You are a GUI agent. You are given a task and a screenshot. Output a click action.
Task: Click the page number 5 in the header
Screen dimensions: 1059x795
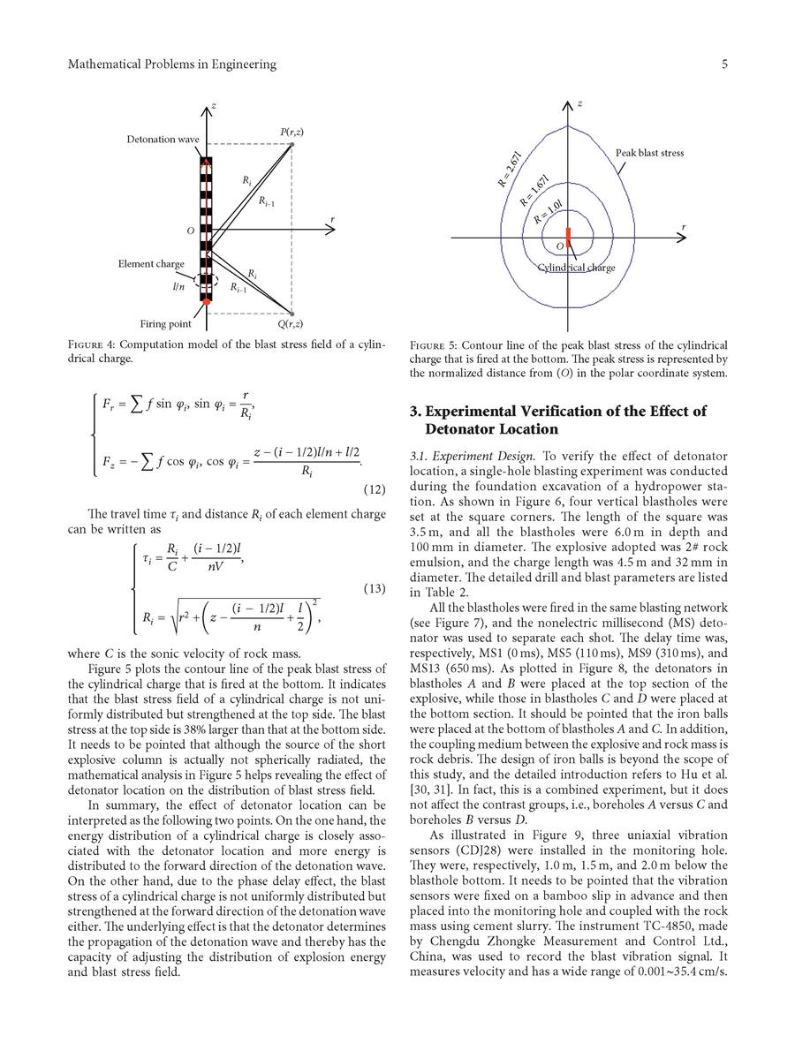click(x=723, y=64)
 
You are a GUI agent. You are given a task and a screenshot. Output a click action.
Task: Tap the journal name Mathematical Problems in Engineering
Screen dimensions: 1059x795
click(x=172, y=64)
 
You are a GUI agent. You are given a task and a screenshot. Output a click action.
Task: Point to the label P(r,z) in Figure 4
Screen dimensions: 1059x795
click(x=291, y=132)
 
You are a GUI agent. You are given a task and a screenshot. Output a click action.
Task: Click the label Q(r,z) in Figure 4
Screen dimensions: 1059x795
click(x=291, y=323)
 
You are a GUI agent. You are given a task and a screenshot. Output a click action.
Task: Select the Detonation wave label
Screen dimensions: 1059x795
click(x=163, y=140)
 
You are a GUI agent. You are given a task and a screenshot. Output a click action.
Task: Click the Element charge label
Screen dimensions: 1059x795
click(x=151, y=264)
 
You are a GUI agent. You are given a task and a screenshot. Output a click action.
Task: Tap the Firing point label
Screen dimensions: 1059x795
click(x=165, y=323)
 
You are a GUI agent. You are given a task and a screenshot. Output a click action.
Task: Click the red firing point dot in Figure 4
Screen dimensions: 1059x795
click(x=206, y=302)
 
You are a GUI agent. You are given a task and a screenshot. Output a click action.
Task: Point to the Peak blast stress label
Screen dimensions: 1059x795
click(x=649, y=153)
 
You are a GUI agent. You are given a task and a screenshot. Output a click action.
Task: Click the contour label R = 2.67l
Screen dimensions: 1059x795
click(x=510, y=170)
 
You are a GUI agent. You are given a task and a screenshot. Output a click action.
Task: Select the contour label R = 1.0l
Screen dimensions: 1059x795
click(x=554, y=212)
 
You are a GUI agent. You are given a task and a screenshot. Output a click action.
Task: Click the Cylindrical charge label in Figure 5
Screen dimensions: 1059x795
click(x=577, y=268)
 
